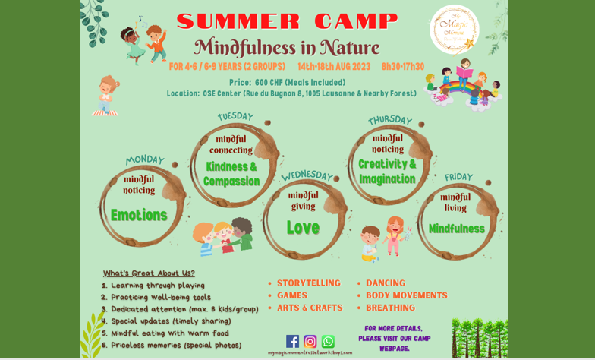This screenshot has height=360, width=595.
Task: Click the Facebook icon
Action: (292, 341)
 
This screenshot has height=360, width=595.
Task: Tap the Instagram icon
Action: (310, 341)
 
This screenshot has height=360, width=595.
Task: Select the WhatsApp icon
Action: (328, 341)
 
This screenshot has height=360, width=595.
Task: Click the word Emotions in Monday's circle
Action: (139, 215)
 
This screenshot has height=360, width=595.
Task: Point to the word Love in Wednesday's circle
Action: (303, 227)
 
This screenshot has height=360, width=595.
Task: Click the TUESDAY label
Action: (235, 116)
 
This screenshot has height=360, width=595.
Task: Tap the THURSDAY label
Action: (390, 120)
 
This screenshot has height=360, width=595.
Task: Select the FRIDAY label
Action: (458, 177)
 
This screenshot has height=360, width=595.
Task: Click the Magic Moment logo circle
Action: (454, 30)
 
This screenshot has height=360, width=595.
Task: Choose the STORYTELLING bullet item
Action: (308, 283)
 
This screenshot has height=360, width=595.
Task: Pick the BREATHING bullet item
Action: (390, 308)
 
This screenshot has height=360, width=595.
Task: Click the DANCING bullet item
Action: (386, 283)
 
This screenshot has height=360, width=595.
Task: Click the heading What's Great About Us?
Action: (149, 273)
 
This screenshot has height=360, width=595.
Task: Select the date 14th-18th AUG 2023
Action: (334, 66)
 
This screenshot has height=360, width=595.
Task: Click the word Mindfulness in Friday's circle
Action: (456, 229)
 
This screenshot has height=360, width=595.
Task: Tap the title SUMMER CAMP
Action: (287, 21)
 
